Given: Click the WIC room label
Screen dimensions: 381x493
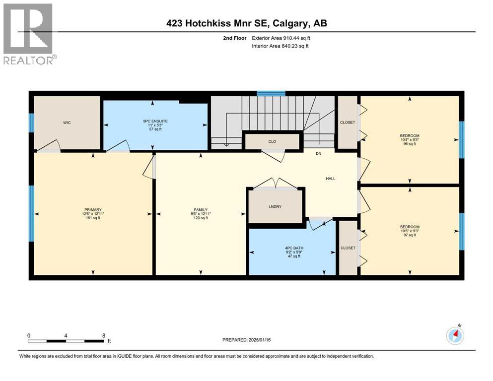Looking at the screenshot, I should click(x=67, y=123).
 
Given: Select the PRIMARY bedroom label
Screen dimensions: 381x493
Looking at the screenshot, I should click(x=93, y=210).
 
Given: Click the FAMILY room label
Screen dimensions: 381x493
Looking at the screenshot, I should click(x=200, y=210).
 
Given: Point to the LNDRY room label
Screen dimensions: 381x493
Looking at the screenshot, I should click(x=275, y=206).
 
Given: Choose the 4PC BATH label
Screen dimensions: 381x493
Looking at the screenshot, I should click(x=291, y=248).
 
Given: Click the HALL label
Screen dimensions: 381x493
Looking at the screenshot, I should click(x=331, y=178).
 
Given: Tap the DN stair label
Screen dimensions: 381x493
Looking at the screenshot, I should click(x=319, y=153).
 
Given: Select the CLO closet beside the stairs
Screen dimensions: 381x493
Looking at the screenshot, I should click(x=272, y=141).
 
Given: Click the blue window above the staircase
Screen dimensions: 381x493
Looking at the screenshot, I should click(x=271, y=93).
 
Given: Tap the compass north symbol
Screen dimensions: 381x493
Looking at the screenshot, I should click(x=455, y=335).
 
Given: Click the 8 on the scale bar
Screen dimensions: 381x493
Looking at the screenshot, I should click(x=103, y=335).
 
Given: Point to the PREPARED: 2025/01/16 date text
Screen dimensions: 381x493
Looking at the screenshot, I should click(x=246, y=340).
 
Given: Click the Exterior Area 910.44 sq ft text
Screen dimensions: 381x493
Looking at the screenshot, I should click(x=281, y=38).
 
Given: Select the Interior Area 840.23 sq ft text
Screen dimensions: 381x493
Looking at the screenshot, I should click(x=280, y=46).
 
